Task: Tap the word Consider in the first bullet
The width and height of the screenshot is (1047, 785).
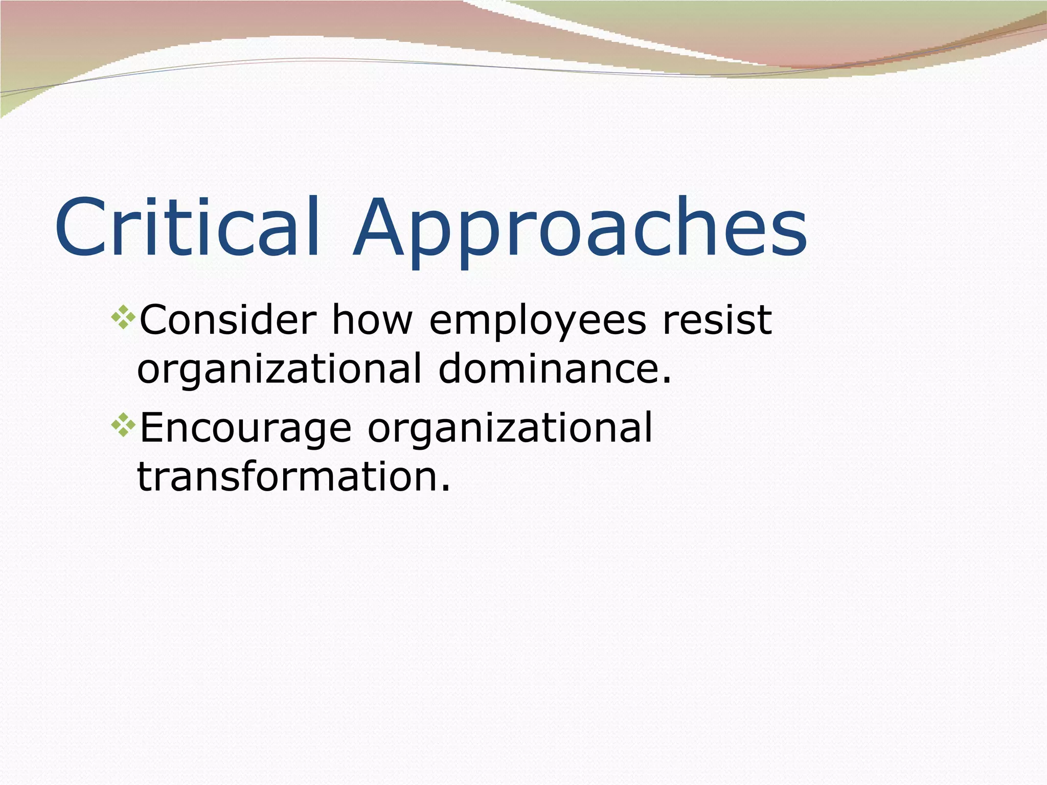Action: [228, 320]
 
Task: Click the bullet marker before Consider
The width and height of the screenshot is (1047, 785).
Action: [123, 317]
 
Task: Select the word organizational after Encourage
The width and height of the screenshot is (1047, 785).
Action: [510, 428]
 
